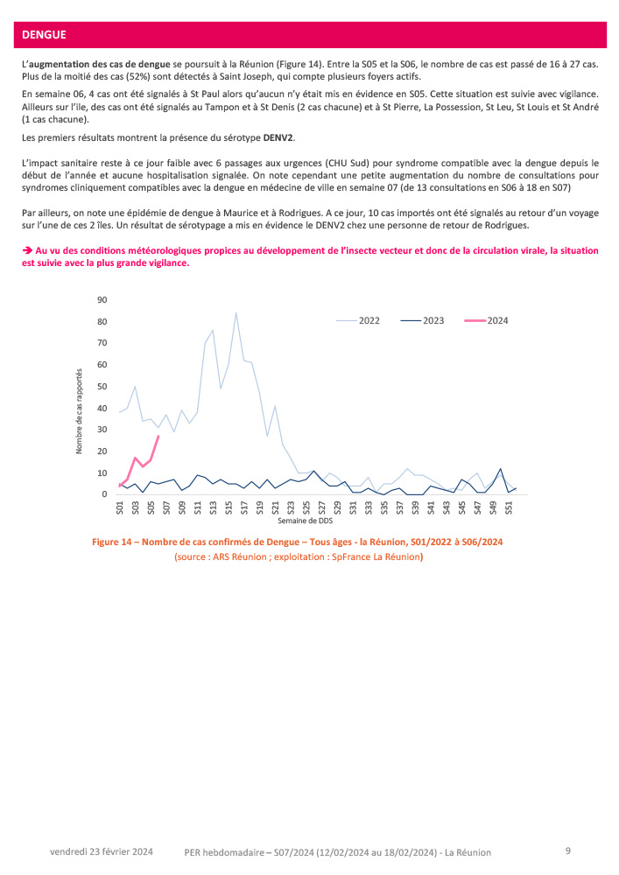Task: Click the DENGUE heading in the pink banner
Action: [44, 35]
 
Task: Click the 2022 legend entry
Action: [369, 320]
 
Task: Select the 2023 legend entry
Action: [433, 320]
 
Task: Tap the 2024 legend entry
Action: [497, 320]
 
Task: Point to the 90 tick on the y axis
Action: [102, 300]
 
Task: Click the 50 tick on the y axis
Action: [102, 386]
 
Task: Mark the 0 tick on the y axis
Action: [104, 494]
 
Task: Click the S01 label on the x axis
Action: [120, 507]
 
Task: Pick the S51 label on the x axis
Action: [510, 507]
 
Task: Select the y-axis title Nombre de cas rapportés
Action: [79, 410]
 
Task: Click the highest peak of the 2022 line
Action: [236, 312]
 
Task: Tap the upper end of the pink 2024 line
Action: [158, 436]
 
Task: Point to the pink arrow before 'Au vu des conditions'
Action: [27, 251]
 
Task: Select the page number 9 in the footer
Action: [568, 850]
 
